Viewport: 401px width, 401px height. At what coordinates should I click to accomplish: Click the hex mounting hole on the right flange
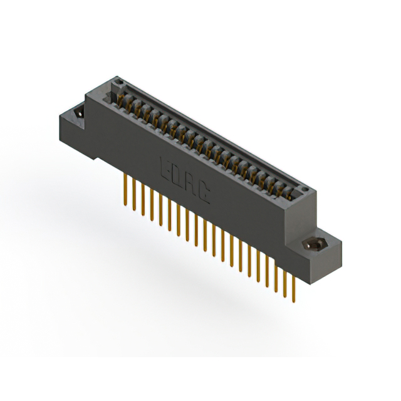[313, 244]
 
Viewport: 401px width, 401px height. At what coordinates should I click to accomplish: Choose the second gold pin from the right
[286, 281]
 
